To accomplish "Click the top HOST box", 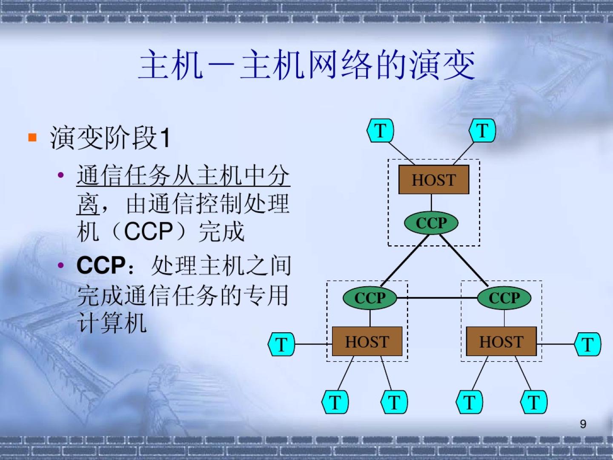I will coord(433,180).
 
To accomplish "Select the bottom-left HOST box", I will coord(367,342).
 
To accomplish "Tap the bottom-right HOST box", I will coord(501,342).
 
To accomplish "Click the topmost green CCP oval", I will coord(431,223).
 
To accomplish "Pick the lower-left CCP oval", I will coord(370,298).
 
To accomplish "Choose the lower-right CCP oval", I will coord(504,298).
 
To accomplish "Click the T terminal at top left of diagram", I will coord(380,130).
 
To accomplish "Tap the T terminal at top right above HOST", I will coord(482,130).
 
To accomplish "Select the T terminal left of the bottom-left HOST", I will coord(281,344).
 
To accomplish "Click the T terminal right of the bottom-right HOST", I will coord(588,344).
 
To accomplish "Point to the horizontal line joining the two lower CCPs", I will coord(436,298).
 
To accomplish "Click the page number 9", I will coord(583,424).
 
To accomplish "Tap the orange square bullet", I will coord(32,137).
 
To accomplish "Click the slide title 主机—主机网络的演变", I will coord(306,65).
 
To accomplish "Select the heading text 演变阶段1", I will coord(110,138).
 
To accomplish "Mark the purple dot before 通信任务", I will coord(61,175).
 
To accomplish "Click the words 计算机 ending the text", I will coord(112,322).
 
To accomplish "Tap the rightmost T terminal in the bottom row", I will coord(534,402).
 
